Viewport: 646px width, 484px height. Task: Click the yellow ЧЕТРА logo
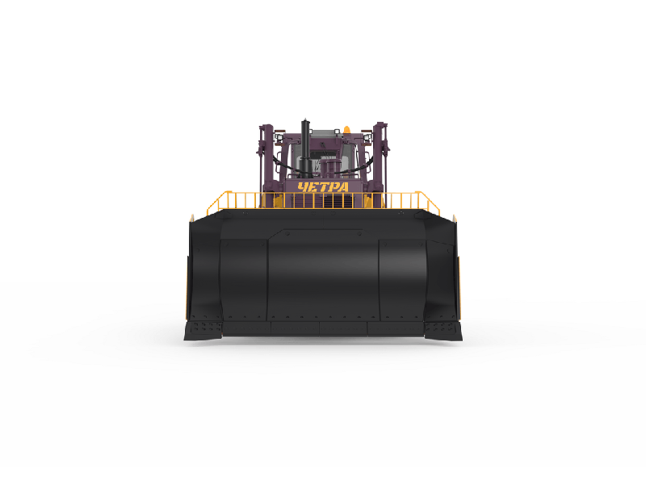[x=323, y=187]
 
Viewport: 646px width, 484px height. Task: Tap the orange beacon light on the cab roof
[x=346, y=130]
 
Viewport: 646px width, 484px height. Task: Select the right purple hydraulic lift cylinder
[x=380, y=161]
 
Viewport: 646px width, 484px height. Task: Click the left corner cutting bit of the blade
[x=203, y=331]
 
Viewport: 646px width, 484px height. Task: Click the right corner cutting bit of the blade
[x=443, y=331]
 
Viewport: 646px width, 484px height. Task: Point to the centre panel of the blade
[x=323, y=273]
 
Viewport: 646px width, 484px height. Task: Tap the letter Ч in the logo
[x=303, y=187]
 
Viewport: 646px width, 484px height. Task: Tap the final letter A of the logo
[x=343, y=187]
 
